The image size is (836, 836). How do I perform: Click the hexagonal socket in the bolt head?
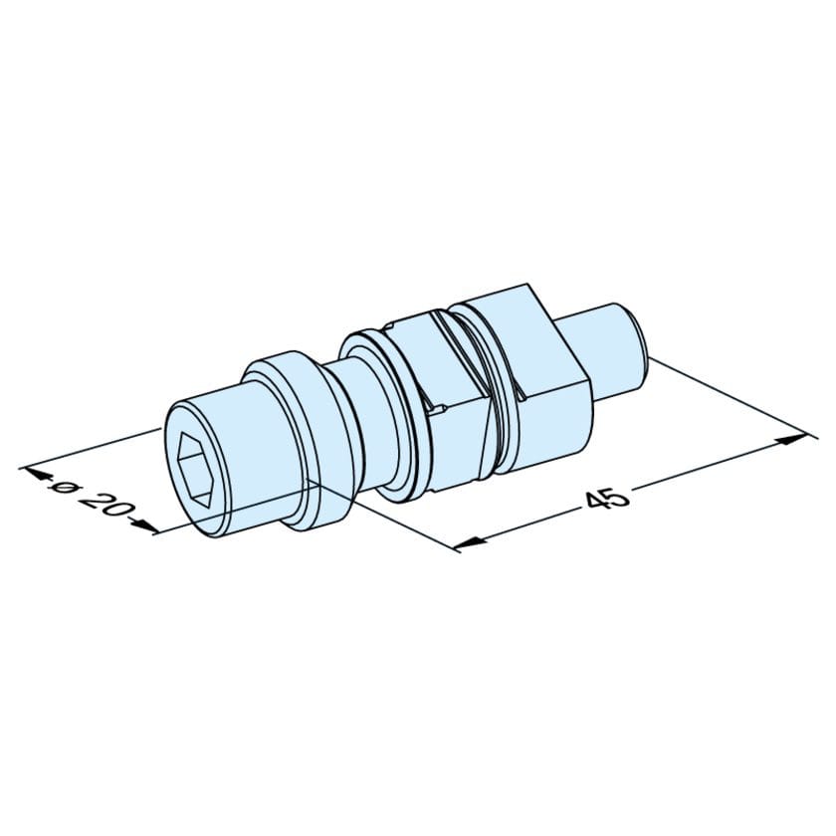point(195,469)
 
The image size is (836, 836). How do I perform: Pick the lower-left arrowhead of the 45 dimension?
point(469,542)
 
